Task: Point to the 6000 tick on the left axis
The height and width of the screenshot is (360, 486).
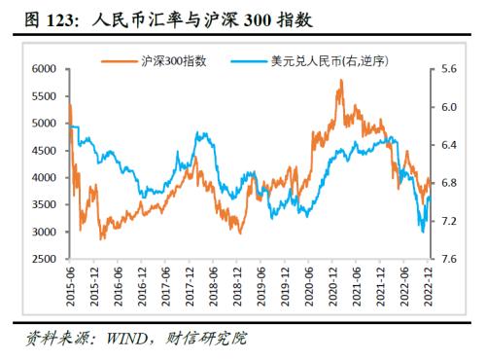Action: click(x=44, y=69)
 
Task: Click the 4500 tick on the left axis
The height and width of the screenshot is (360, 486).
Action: click(x=44, y=151)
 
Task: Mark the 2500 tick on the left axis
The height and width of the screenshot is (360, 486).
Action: click(x=44, y=260)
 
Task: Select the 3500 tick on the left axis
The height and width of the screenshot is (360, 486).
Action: click(x=44, y=205)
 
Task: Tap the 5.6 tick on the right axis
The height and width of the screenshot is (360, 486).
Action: click(x=450, y=69)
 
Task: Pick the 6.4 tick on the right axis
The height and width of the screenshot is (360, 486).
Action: click(x=450, y=145)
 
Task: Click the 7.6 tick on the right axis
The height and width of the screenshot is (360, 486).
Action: click(x=450, y=260)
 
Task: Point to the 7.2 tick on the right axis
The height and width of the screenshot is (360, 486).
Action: click(x=450, y=222)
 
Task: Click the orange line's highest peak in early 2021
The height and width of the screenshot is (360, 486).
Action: click(x=340, y=81)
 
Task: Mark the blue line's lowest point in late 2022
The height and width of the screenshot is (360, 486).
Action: click(x=422, y=232)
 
